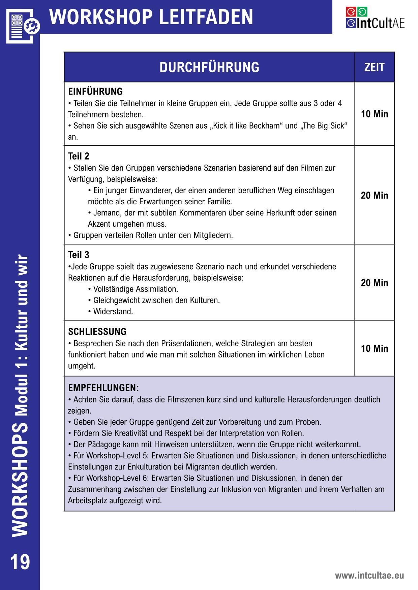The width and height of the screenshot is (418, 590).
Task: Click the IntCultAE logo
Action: click(x=375, y=18)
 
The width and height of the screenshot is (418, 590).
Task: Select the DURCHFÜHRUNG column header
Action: click(x=209, y=67)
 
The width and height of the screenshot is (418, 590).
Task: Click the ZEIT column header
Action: click(x=374, y=67)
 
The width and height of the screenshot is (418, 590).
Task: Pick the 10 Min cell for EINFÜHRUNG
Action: click(x=375, y=114)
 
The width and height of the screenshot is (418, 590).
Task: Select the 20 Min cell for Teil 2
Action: click(x=375, y=196)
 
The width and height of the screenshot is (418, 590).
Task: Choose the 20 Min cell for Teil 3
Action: click(x=375, y=283)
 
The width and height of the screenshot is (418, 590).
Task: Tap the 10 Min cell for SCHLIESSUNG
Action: click(x=375, y=349)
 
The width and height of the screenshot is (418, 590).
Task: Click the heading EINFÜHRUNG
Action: click(x=95, y=92)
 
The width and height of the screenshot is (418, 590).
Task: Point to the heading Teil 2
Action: click(x=79, y=156)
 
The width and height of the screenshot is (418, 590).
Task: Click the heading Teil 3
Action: click(x=79, y=255)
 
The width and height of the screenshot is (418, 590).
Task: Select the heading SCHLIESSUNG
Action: click(x=97, y=332)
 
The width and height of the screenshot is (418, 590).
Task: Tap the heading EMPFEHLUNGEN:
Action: click(x=103, y=388)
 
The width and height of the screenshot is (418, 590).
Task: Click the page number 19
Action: click(x=20, y=562)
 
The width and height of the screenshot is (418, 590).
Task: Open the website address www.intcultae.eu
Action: click(x=369, y=576)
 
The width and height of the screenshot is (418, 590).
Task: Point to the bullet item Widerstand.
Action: click(x=113, y=312)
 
